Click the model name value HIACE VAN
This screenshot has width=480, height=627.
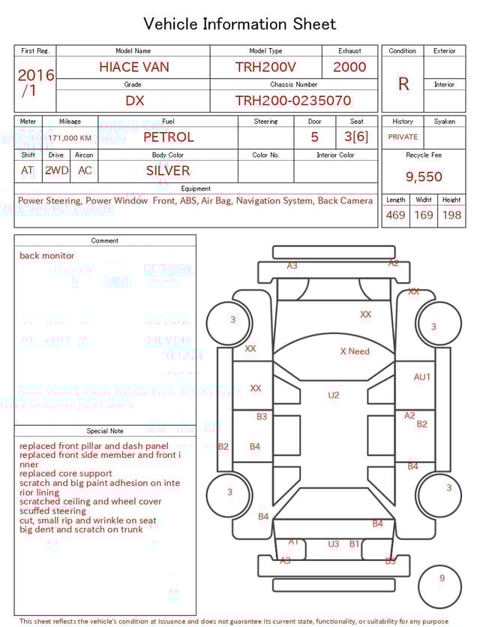point(133,67)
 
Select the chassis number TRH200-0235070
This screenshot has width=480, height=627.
point(292,101)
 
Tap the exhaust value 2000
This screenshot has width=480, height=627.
point(349,67)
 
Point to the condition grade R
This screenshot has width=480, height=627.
point(403,84)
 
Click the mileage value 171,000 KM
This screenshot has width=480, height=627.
point(70,138)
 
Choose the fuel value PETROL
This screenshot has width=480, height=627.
point(168,137)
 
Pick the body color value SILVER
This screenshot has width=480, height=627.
point(168,170)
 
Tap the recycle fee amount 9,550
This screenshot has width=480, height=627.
point(424,176)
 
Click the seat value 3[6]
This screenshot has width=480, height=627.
point(356,137)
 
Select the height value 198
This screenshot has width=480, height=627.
point(451,216)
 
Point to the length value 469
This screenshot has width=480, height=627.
point(395,216)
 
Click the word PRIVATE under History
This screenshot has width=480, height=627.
point(403,137)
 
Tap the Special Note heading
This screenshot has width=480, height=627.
point(105,431)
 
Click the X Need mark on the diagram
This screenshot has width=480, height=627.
point(355,351)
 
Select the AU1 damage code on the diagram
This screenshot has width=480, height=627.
point(422,377)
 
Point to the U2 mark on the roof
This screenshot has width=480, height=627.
point(334,395)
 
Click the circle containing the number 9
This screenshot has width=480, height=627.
point(442,579)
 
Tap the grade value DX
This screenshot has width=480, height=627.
point(134,101)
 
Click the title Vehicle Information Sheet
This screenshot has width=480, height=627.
point(240,24)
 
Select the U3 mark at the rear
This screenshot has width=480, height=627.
point(334,544)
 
